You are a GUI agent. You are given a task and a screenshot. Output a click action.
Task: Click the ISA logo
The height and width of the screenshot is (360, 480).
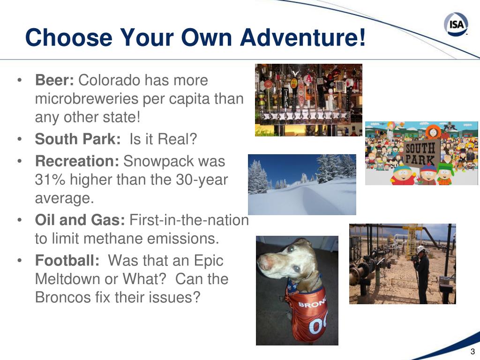coord(456,23)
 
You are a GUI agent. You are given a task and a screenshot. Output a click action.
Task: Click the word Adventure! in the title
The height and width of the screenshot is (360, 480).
coord(303,37)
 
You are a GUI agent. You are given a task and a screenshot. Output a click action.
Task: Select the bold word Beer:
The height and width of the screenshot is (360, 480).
coord(54,80)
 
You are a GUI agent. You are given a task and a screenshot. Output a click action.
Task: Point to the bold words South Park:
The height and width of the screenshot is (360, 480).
coord(78,139)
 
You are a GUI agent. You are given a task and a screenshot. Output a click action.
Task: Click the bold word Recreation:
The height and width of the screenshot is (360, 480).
coord(77,161)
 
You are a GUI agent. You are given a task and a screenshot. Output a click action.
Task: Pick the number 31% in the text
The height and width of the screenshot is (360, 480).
coord(50,180)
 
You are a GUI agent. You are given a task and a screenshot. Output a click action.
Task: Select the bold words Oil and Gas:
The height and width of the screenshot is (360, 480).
coord(80,220)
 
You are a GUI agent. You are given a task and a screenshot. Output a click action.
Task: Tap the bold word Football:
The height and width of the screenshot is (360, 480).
coord(67,260)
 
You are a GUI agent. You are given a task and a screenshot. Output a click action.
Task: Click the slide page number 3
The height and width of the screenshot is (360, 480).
coord(472,352)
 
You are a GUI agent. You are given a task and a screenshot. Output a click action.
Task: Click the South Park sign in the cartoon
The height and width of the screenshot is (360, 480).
coord(420,154)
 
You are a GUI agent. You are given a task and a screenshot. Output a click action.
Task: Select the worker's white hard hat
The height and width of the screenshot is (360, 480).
coord(421,248)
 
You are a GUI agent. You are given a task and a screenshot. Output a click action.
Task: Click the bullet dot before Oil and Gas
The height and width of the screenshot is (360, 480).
coord(20,220)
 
